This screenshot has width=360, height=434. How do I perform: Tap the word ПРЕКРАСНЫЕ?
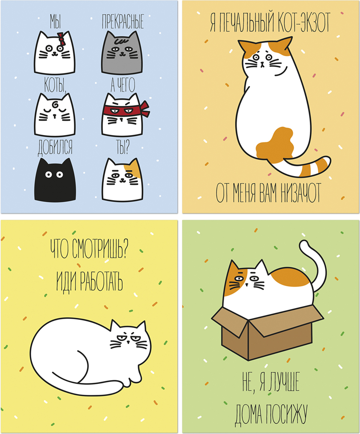click(x=123, y=22)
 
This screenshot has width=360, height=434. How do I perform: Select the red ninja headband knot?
click(x=145, y=109)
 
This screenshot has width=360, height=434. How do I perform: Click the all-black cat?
click(x=55, y=180)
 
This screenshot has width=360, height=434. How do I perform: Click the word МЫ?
click(x=55, y=21)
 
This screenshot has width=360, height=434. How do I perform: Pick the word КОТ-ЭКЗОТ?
click(x=301, y=22)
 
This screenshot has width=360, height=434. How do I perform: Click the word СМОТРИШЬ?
click(x=100, y=249)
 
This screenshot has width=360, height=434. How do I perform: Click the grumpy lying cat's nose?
click(x=128, y=342)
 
